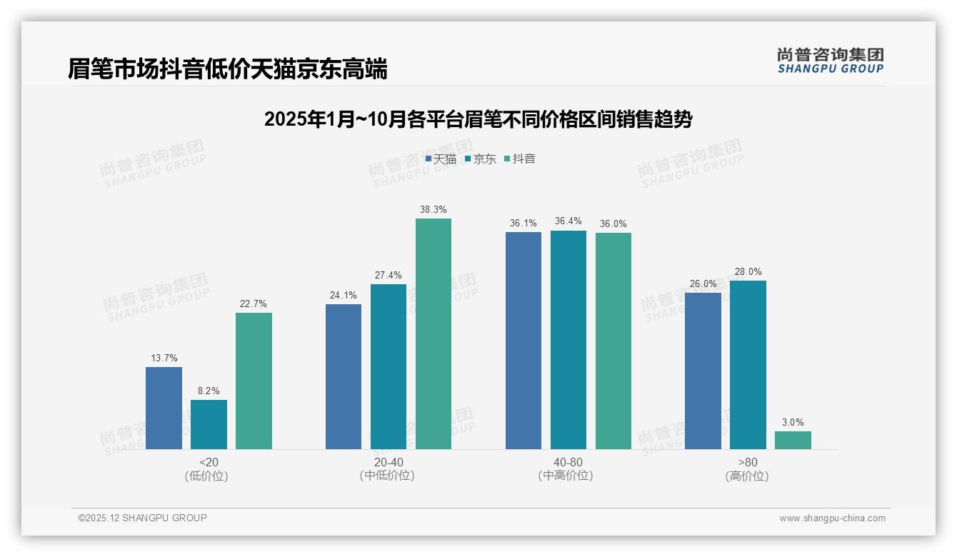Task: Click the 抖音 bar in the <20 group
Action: tap(254, 381)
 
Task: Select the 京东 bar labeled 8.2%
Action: tap(209, 424)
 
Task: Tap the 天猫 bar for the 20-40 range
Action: tap(344, 376)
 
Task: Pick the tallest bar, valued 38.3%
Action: tap(434, 333)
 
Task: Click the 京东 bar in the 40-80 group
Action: tap(568, 340)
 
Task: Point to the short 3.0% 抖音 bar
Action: tap(793, 440)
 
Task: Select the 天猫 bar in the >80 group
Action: tap(703, 371)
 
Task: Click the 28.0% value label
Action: tap(748, 272)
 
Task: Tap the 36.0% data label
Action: tap(613, 224)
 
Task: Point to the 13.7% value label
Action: tap(164, 358)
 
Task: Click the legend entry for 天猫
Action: tap(441, 159)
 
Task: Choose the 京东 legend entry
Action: tap(481, 159)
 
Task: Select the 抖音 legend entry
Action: tap(520, 159)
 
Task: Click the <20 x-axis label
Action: tap(209, 462)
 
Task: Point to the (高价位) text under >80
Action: tap(748, 476)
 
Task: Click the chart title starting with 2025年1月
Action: tap(478, 119)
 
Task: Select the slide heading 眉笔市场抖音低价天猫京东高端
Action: tap(228, 69)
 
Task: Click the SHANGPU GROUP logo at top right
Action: tap(831, 61)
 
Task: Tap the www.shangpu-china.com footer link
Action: tap(832, 518)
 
